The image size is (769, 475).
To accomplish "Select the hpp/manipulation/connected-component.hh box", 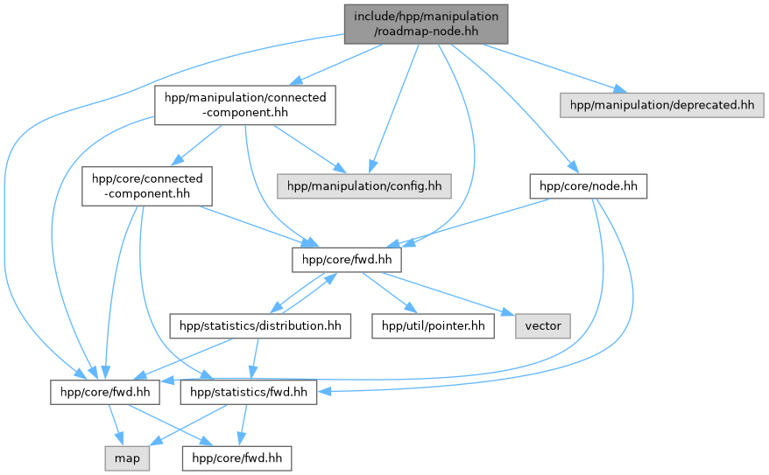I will point(245,105).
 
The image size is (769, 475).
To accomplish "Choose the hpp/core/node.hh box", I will point(588,185).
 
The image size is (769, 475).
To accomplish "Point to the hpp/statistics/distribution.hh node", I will point(260,326).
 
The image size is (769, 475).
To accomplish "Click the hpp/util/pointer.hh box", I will point(433,326).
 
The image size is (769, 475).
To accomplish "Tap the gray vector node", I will point(543,326).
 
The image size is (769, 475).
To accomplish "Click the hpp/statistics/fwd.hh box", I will point(247,393).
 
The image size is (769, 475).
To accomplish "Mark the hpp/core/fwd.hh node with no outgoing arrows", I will point(236,458).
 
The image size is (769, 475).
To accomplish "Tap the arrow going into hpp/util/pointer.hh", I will point(390,296).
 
